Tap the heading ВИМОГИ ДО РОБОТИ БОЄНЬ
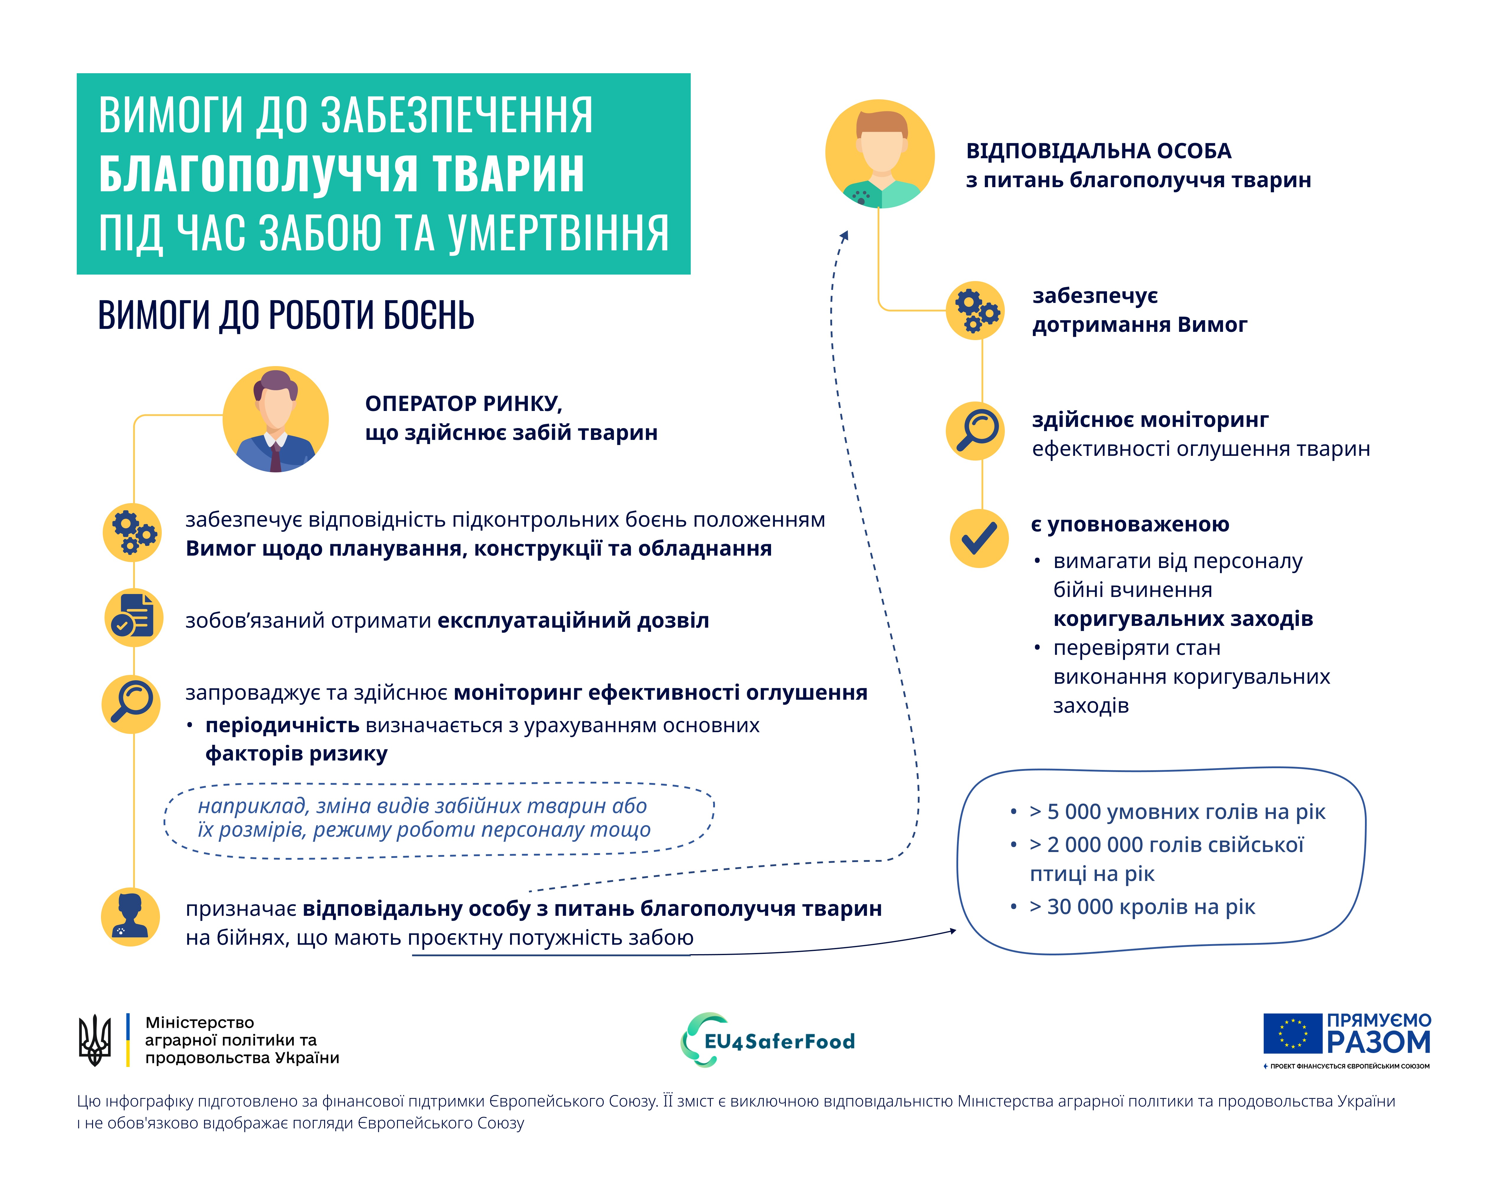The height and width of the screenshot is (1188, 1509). click(x=286, y=315)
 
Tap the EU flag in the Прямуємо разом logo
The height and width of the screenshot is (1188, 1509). click(x=1292, y=1034)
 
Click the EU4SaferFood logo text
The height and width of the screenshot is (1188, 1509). click(x=779, y=1041)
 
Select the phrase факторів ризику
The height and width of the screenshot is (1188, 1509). click(x=296, y=754)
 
